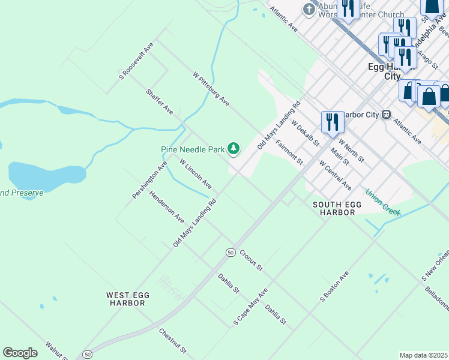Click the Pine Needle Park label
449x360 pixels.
point(192,149)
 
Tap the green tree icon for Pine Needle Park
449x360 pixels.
point(234,149)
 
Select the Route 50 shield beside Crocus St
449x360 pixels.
point(230,253)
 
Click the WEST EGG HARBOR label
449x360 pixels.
point(128,299)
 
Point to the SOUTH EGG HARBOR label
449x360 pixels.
point(337,208)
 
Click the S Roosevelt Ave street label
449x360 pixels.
point(136,61)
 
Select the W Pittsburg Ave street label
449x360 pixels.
point(211,90)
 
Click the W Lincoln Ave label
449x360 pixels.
point(196,173)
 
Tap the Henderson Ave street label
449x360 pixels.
point(167,207)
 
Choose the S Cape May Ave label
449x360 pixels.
point(250,308)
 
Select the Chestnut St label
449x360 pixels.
point(173,341)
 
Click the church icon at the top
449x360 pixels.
point(309,9)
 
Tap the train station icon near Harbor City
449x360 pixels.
point(387,114)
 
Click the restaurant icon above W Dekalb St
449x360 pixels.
point(332,122)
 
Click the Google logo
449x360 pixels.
point(20,353)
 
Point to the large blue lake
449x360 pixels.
point(45,173)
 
